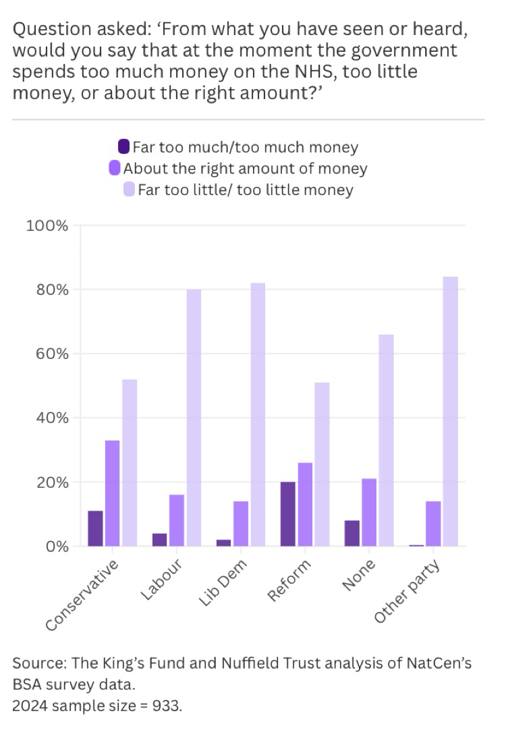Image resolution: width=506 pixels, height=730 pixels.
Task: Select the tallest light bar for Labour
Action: click(194, 418)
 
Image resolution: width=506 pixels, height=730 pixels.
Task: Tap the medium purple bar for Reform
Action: click(305, 505)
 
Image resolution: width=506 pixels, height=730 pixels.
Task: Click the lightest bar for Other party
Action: click(450, 412)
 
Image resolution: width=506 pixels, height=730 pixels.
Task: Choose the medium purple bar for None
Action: click(369, 513)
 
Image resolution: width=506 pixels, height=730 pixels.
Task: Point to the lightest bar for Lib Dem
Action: click(258, 415)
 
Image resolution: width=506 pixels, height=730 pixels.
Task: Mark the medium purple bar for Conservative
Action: click(113, 493)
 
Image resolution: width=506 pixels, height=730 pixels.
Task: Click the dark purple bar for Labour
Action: click(160, 540)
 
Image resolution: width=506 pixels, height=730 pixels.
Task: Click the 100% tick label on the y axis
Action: click(47, 225)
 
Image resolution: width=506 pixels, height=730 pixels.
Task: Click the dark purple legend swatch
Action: click(124, 146)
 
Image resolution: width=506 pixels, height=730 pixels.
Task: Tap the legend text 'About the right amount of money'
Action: click(245, 168)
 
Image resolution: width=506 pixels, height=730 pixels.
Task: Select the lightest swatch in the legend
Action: click(130, 190)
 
